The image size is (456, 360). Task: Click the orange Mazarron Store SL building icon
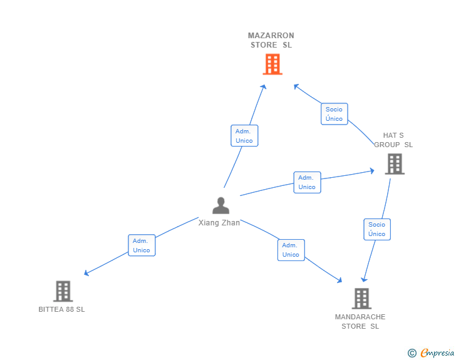pyautogui.click(x=272, y=64)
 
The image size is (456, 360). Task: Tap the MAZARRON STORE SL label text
pyautogui.click(x=271, y=40)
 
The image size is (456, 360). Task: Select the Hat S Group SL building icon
pyautogui.click(x=394, y=164)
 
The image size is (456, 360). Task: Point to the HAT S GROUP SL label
pyautogui.click(x=393, y=140)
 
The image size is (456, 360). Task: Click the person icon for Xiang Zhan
pyautogui.click(x=220, y=205)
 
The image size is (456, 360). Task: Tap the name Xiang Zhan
pyautogui.click(x=219, y=223)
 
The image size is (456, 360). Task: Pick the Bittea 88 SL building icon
pyautogui.click(x=63, y=291)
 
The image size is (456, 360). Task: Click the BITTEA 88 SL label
pyautogui.click(x=61, y=309)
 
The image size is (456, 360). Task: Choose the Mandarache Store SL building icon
pyautogui.click(x=361, y=299)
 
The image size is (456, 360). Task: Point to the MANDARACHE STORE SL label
pyautogui.click(x=360, y=321)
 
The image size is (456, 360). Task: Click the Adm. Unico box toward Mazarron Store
pyautogui.click(x=244, y=136)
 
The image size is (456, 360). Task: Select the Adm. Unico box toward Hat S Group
pyautogui.click(x=307, y=182)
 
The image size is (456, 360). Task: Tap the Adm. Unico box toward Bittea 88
pyautogui.click(x=142, y=245)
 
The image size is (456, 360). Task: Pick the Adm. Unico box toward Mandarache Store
pyautogui.click(x=291, y=250)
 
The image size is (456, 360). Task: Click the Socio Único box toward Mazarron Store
pyautogui.click(x=334, y=114)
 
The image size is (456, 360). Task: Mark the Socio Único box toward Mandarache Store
pyautogui.click(x=377, y=229)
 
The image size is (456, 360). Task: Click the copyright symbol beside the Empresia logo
pyautogui.click(x=412, y=353)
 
